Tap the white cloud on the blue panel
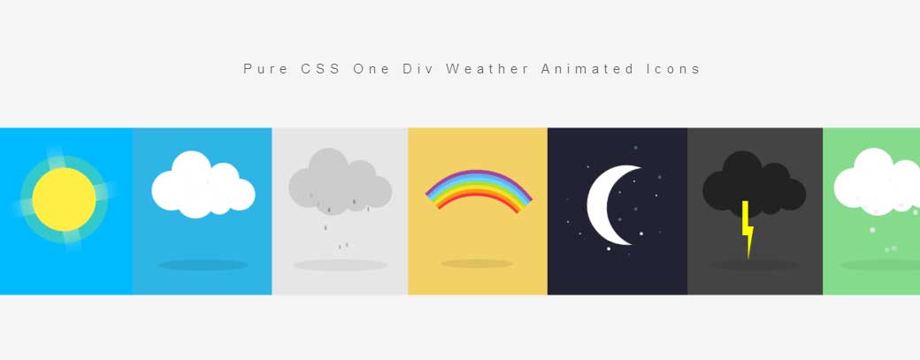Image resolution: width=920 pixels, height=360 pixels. pos(202,187)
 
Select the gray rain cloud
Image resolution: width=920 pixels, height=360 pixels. pos(339,180)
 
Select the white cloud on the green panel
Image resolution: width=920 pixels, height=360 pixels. pos(876,183)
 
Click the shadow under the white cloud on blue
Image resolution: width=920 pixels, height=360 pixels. pos(203,264)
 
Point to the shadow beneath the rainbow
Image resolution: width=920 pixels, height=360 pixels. pos(478,264)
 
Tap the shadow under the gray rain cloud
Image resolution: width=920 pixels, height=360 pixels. pos(340,264)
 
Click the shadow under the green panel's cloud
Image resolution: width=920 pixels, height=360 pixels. pos(880,264)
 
